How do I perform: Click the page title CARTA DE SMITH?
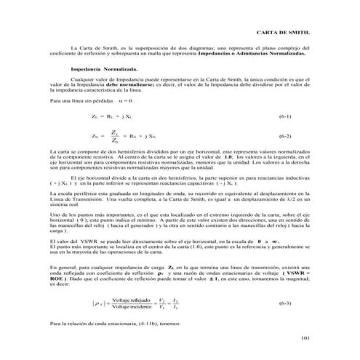(x=288, y=35)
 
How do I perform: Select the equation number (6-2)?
(x=285, y=136)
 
